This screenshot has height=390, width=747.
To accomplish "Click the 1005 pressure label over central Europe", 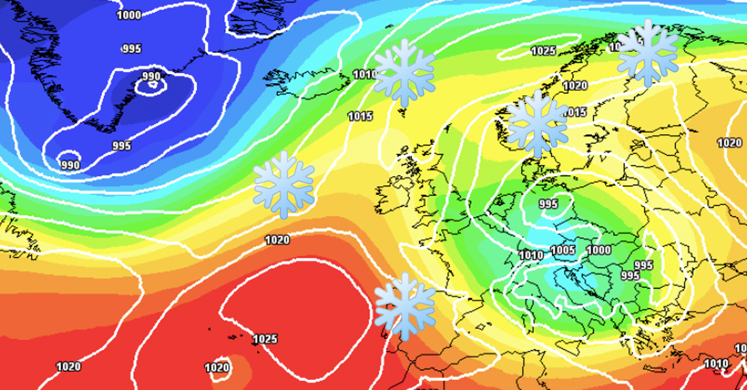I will pyautogui.click(x=563, y=251).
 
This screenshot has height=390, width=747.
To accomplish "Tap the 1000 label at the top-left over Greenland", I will pyautogui.click(x=129, y=15).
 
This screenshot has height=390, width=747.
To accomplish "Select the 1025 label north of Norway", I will pyautogui.click(x=543, y=51).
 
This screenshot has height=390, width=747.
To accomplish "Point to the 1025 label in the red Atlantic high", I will pyautogui.click(x=265, y=339).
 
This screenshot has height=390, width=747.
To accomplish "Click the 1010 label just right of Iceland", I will pyautogui.click(x=365, y=75).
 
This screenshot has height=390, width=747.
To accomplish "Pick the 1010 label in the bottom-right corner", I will pyautogui.click(x=716, y=363).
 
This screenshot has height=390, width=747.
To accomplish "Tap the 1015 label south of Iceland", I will pyautogui.click(x=360, y=116).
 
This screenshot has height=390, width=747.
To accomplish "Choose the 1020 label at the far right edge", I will pyautogui.click(x=729, y=142).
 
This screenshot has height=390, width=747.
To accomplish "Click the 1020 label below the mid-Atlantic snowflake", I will pyautogui.click(x=277, y=239).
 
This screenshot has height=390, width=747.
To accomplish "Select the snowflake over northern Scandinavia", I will pyautogui.click(x=647, y=52).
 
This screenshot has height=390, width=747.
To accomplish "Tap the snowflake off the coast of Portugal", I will pyautogui.click(x=405, y=306).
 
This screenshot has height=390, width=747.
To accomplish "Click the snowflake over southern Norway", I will pyautogui.click(x=537, y=124).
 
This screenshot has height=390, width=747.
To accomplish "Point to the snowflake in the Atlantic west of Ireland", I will pyautogui.click(x=284, y=184).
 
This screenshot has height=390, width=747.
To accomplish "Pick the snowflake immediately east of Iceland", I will pyautogui.click(x=404, y=73).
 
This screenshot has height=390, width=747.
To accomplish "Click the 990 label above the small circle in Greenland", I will pyautogui.click(x=151, y=76).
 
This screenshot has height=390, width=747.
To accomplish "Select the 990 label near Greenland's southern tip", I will pyautogui.click(x=70, y=165).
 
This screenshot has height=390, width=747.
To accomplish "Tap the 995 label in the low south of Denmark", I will pyautogui.click(x=548, y=204).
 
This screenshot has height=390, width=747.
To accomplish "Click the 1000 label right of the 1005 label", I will pyautogui.click(x=599, y=250).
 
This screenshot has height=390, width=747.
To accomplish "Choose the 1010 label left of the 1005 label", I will pyautogui.click(x=531, y=255).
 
